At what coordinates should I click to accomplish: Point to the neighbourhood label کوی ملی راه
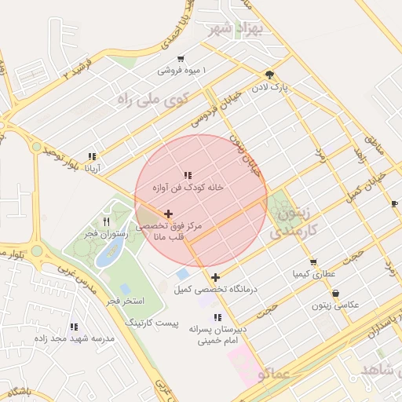(x=153, y=98)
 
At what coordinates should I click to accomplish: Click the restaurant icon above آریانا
(x=93, y=156)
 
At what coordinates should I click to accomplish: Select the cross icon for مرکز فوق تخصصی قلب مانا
(x=168, y=214)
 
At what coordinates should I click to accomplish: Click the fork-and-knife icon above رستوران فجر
(x=106, y=221)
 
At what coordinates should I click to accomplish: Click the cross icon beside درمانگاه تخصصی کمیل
(x=215, y=277)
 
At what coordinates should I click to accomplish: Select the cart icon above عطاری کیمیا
(x=313, y=262)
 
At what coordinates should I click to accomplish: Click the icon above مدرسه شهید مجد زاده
(x=74, y=327)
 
